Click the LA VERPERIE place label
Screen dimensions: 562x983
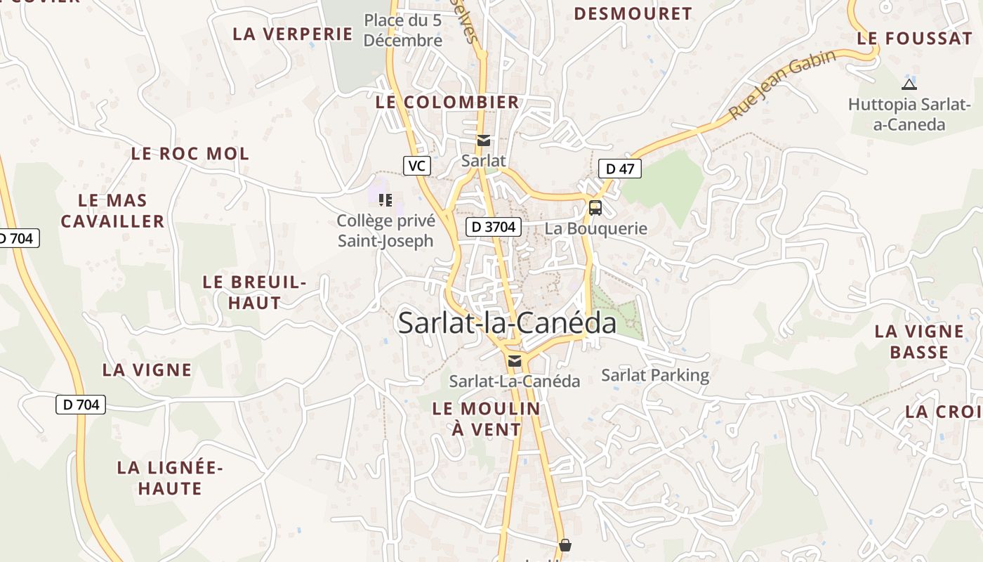[292, 34]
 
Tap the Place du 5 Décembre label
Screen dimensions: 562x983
[403, 30]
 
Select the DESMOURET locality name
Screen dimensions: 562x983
[633, 13]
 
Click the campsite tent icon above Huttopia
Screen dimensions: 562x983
[909, 85]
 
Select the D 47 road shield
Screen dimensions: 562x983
[620, 169]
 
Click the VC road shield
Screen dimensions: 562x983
[417, 166]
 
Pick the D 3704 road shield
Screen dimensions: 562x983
[494, 227]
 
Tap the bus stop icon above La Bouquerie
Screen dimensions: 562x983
[595, 208]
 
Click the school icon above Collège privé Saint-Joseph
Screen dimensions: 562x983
[385, 200]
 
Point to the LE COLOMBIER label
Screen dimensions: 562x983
[447, 102]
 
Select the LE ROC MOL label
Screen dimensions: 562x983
[190, 154]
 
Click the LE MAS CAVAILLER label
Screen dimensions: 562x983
[112, 211]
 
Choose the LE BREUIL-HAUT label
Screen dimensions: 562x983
[254, 292]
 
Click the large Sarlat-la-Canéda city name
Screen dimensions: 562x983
[507, 322]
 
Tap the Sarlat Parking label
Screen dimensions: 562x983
[655, 375]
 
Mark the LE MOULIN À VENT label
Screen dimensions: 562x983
[487, 419]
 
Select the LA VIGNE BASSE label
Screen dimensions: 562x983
[919, 341]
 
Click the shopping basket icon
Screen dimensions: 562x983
[565, 545]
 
